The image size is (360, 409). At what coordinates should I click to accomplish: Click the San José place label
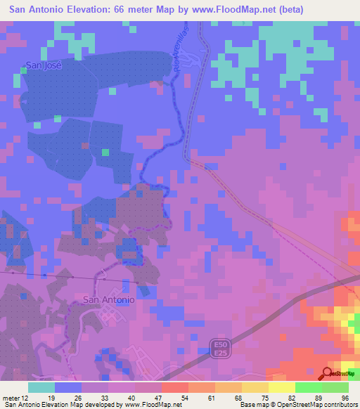click(44, 65)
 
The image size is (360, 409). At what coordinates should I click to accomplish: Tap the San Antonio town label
click(108, 299)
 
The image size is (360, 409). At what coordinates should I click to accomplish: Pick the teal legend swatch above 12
click(41, 387)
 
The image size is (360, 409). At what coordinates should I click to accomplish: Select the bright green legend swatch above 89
click(309, 387)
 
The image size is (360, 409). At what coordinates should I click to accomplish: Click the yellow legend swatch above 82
click(282, 387)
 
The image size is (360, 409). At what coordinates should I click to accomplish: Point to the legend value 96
click(345, 398)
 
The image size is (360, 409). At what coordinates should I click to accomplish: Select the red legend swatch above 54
click(175, 387)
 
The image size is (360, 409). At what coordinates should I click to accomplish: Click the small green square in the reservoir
click(105, 152)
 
